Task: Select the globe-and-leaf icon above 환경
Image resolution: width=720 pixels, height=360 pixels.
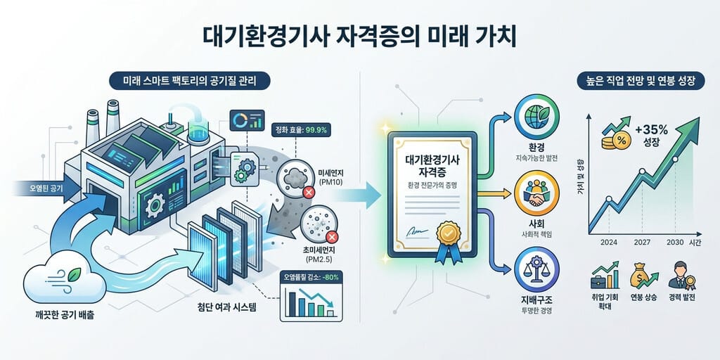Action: (536, 117)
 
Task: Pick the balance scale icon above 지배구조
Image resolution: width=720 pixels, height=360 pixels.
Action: (536, 269)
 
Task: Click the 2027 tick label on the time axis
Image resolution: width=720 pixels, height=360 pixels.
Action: (641, 243)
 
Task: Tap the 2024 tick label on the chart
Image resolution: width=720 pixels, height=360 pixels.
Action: (609, 243)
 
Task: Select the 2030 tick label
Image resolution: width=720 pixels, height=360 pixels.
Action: (675, 243)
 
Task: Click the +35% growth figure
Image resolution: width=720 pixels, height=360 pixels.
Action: (652, 130)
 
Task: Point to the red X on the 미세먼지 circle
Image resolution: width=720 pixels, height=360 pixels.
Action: (309, 193)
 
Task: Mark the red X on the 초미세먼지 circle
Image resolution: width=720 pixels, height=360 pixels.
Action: (332, 237)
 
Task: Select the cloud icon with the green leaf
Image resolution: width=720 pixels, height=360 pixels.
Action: (64, 277)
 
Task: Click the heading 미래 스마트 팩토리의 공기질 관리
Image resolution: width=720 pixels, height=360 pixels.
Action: (190, 82)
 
